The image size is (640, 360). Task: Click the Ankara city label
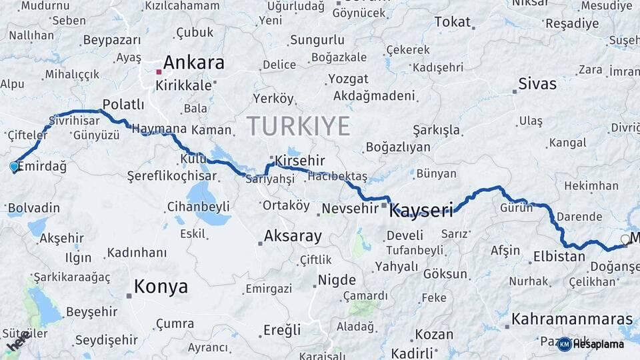pos(193,63)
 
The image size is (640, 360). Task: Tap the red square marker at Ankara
pos(159,71)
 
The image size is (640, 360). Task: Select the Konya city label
pos(161,287)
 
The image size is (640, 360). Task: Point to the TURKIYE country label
pos(298,125)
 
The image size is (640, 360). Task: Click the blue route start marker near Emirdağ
pos(14,166)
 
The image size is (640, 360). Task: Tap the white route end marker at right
pos(625,239)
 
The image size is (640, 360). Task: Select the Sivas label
pos(537,84)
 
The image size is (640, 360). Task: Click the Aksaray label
pos(293,235)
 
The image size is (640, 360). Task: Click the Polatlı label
pos(123,105)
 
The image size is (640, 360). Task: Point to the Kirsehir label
pos(300,161)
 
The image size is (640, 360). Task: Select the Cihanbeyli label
pos(198,206)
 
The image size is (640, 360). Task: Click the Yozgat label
pos(347,79)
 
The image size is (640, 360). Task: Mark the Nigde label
pos(337,280)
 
